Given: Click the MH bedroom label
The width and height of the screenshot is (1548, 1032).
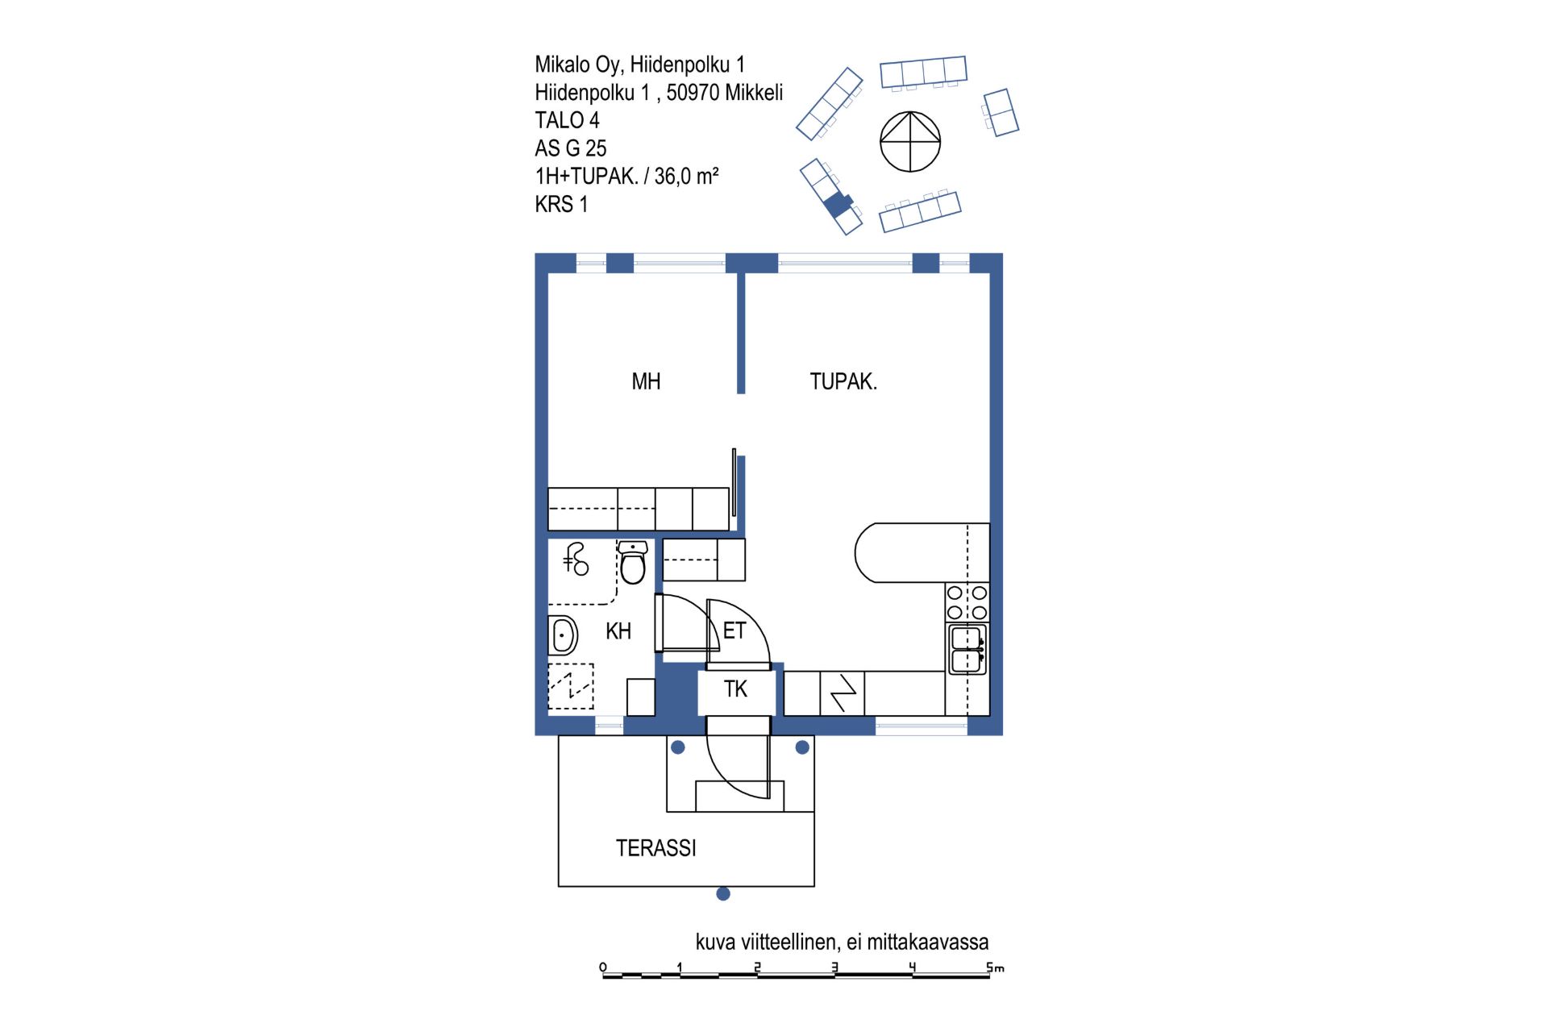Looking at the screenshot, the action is coord(646,381).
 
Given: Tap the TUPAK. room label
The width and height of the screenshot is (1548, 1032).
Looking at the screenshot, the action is coord(843,381).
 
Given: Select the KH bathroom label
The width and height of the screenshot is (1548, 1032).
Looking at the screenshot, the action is coord(618,631).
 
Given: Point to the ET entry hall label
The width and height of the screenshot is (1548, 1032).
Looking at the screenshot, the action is coord(734,630).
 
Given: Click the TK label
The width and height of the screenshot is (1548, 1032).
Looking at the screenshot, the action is coord(735,689).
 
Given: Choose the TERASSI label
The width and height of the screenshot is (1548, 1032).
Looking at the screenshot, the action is coord(656,848).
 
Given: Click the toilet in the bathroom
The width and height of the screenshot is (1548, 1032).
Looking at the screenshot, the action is coord(633,562).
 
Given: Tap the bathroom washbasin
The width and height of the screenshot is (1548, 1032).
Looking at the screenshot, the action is coord(564,635).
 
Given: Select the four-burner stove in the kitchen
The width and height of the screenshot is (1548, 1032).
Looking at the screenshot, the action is coord(967,602).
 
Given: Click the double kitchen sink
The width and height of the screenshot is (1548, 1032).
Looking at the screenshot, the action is coord(967,649).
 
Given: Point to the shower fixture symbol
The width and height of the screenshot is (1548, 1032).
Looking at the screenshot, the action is coord(576,559).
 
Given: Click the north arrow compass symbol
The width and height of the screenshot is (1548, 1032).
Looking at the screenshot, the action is coord(910,142).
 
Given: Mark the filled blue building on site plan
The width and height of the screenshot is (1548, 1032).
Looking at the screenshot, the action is coord(838,205).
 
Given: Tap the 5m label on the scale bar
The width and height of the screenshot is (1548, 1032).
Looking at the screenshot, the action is coord(996,967).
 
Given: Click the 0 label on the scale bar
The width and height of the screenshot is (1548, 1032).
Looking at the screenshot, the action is coord(603,967).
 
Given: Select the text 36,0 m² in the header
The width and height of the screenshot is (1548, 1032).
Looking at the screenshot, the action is coord(686,176).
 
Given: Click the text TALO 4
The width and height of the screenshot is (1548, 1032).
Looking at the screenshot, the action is coord(567,120).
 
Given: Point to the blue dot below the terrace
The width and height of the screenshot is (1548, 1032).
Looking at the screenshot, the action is coord(723,893).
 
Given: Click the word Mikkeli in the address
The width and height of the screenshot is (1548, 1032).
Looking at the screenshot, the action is coord(754,93).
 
